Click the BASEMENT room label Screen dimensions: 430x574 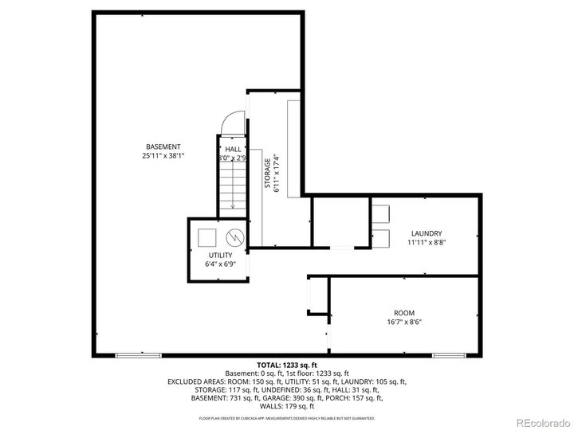coord(163,147)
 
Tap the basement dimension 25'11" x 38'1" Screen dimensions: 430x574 coord(163,156)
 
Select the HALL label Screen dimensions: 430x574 coord(233,149)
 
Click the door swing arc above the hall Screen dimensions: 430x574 coord(230,123)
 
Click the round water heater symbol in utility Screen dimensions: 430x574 coord(234,237)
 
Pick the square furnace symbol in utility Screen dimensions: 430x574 coord(207,236)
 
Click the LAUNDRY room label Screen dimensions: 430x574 coord(426,233)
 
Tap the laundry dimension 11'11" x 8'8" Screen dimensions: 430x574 coord(426,242)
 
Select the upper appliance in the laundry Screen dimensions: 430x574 coord(379,213)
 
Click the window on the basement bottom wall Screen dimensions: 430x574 coord(132,354)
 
